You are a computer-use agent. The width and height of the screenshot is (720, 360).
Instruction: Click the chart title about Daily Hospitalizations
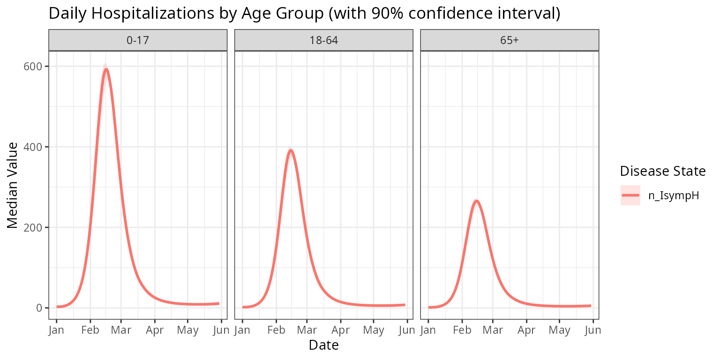304,14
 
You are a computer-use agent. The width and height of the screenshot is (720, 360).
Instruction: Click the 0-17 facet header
138,40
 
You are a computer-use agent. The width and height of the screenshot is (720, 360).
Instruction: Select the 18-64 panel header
323,40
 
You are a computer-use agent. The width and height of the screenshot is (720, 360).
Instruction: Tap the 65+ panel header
510,40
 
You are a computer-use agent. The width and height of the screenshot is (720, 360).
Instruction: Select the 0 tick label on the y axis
40,308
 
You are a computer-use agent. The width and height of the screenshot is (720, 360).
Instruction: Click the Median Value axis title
13,185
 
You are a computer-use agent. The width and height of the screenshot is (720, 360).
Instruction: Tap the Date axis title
323,345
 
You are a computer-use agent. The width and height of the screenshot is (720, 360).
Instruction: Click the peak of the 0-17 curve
106,69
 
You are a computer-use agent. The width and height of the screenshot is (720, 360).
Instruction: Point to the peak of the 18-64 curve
291,150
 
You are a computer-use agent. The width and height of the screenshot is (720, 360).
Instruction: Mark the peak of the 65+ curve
476,201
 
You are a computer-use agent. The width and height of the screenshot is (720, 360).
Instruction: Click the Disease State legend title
662,172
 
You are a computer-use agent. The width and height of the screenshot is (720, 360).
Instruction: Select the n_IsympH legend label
674,195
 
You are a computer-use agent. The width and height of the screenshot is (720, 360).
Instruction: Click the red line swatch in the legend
630,195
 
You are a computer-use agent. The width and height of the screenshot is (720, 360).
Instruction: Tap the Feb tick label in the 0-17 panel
90,330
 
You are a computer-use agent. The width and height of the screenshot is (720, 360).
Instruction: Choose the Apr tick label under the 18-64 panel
340,330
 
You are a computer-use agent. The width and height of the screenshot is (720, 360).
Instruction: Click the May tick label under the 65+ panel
559,330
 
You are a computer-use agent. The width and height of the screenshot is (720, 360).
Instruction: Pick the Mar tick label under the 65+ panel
493,330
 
